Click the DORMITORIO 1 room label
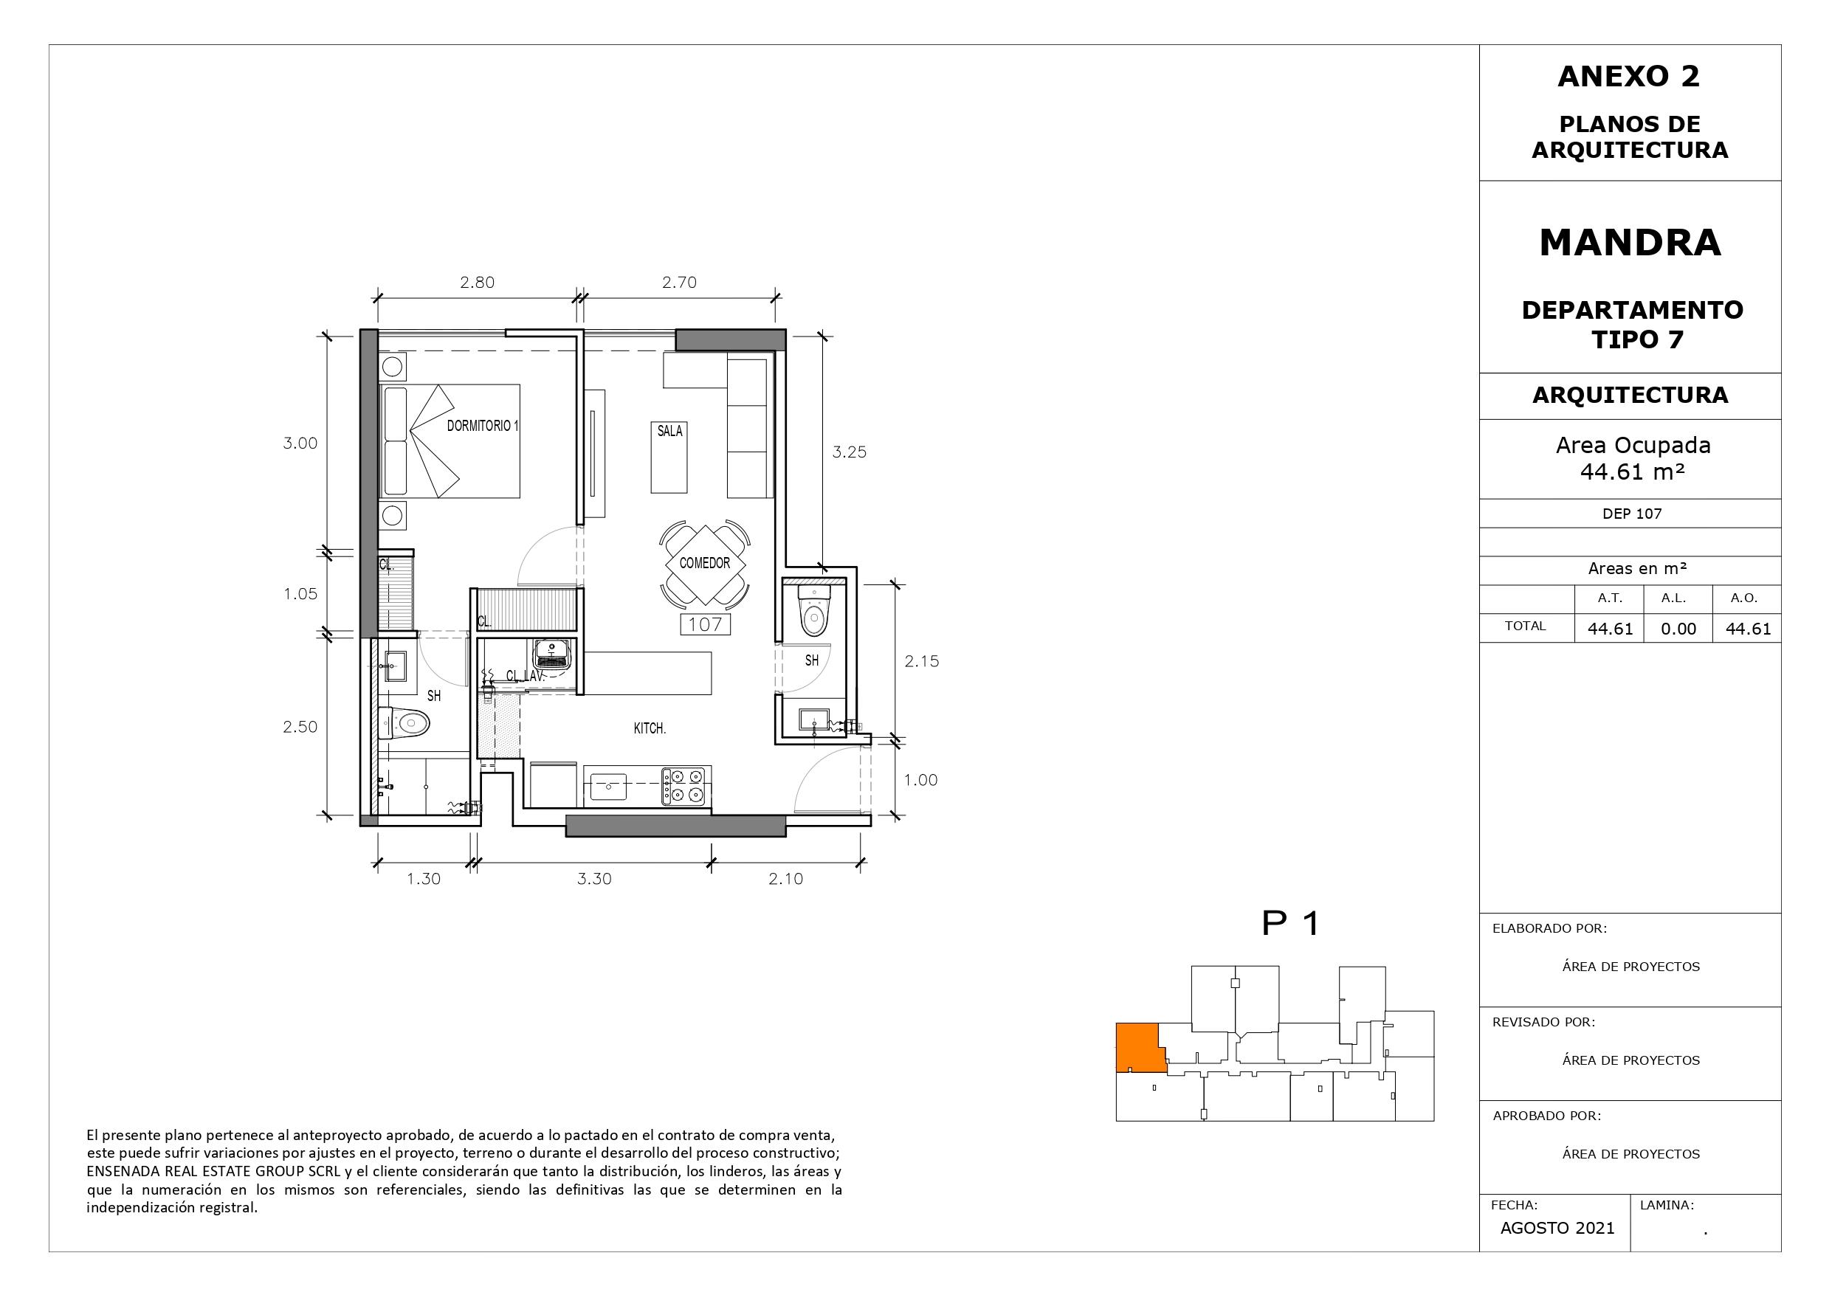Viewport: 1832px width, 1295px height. (x=483, y=426)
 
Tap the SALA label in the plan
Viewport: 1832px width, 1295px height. (x=669, y=431)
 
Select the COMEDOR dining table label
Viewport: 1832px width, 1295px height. (x=705, y=563)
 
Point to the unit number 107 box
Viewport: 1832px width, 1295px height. (x=706, y=624)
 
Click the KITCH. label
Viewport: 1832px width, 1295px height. (x=650, y=728)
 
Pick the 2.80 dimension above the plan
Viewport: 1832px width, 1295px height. (x=477, y=283)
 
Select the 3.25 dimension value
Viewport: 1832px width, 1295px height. (x=849, y=452)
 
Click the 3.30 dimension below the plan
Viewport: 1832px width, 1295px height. (x=594, y=880)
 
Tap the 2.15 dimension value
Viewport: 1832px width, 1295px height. (x=922, y=661)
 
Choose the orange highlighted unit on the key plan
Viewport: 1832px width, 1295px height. (x=1139, y=1048)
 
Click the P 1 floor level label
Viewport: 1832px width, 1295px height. (x=1290, y=924)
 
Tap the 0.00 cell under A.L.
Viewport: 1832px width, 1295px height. (x=1678, y=629)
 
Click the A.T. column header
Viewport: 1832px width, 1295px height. (x=1609, y=598)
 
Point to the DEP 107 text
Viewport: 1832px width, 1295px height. (x=1632, y=514)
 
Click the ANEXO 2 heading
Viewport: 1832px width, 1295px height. (x=1628, y=77)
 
